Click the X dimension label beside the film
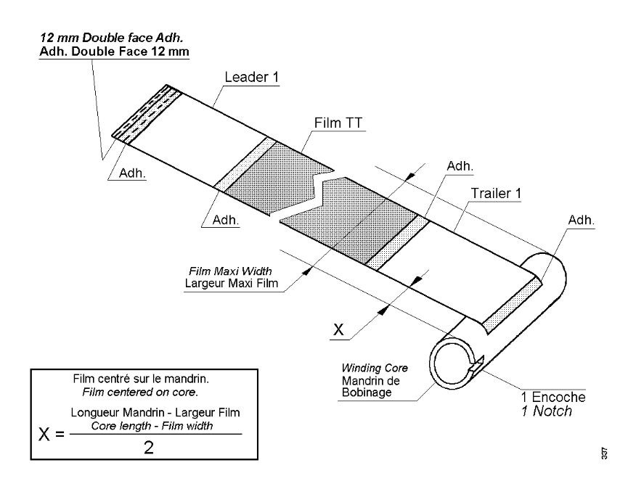pos(338,329)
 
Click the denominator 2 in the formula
pos(148,448)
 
